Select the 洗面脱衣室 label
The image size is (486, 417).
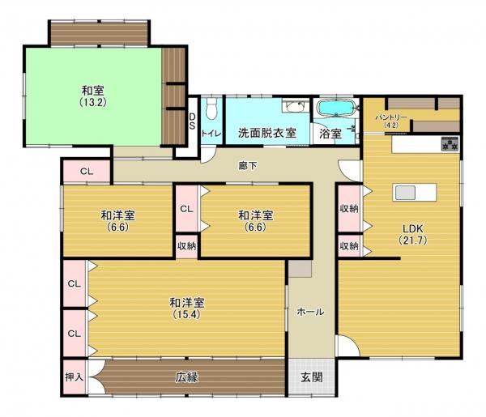click(x=266, y=132)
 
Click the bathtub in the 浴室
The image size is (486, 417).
click(x=335, y=109)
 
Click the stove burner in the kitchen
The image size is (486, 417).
click(x=450, y=146)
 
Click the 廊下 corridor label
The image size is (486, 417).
click(x=248, y=166)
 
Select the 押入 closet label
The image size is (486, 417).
click(x=74, y=377)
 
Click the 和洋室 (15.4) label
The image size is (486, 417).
click(x=186, y=308)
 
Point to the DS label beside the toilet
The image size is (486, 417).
click(x=192, y=121)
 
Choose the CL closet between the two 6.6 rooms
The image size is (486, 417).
click(x=186, y=208)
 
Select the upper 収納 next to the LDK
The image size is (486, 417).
click(x=349, y=207)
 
